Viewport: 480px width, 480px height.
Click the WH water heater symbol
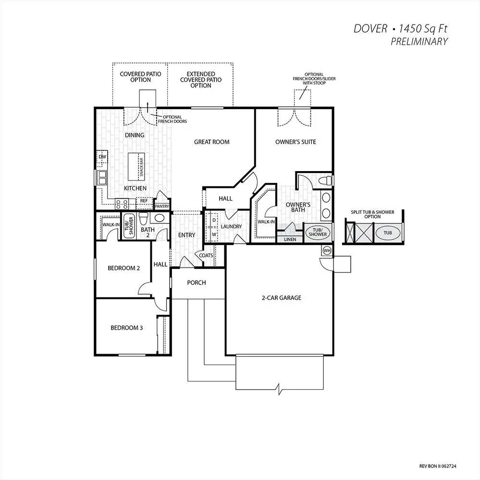(x=327, y=250)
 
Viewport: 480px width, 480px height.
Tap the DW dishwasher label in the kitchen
(x=102, y=157)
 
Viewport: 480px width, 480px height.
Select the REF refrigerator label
(x=144, y=200)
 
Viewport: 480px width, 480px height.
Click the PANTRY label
(x=162, y=206)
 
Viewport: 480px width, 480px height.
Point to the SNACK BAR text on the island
(x=141, y=167)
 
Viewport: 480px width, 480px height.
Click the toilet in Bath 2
(x=144, y=218)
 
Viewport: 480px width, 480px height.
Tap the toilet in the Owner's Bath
(x=325, y=180)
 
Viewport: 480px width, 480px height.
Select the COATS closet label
(x=206, y=255)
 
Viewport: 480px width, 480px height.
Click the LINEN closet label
(x=290, y=239)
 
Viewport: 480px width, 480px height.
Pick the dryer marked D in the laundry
(x=214, y=220)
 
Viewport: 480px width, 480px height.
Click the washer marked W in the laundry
(x=214, y=234)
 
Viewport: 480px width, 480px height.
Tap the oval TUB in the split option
(x=388, y=233)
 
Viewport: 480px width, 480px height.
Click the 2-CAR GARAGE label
(x=282, y=297)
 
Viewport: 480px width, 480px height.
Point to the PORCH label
(x=197, y=283)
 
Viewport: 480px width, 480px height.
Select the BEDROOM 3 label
(x=127, y=328)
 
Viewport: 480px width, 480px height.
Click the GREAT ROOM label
(x=212, y=142)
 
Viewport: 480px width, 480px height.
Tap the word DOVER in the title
(x=370, y=28)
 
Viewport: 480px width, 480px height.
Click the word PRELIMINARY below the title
(x=419, y=41)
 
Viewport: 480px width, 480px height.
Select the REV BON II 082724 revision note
(x=438, y=466)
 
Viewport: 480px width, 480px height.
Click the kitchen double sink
(x=102, y=178)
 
